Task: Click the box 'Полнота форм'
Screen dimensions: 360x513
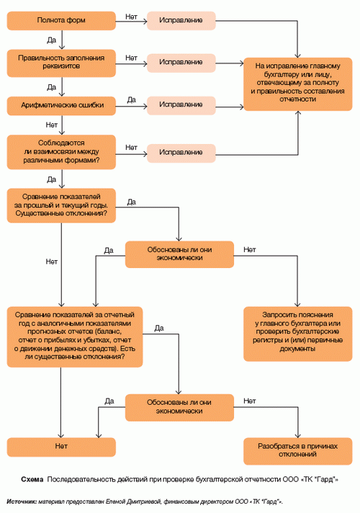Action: click(x=61, y=21)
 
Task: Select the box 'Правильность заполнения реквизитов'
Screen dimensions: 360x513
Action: click(x=61, y=63)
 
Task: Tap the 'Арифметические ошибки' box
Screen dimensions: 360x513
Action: click(x=61, y=106)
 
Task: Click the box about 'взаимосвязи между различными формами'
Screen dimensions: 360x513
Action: click(x=61, y=152)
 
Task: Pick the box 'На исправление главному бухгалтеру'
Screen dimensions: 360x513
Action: click(x=297, y=84)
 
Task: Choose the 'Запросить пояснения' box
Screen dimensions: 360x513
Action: click(x=297, y=334)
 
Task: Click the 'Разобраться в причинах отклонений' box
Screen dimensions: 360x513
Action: click(x=297, y=451)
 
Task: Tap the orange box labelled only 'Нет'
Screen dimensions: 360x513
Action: click(x=61, y=447)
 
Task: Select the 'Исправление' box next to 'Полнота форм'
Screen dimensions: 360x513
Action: click(x=181, y=21)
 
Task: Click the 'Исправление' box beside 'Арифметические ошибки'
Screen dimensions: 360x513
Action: click(x=181, y=105)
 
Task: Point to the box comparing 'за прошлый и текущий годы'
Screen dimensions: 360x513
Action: click(x=61, y=205)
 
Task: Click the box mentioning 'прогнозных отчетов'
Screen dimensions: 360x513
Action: click(x=75, y=336)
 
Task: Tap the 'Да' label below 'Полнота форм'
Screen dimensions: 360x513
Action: click(x=51, y=40)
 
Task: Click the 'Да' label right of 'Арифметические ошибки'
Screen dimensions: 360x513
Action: click(x=132, y=99)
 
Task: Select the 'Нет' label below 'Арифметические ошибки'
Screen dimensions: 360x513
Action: click(x=51, y=125)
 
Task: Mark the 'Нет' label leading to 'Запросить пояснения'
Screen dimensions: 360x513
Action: click(x=250, y=249)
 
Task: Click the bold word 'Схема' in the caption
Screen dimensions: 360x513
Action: click(x=32, y=479)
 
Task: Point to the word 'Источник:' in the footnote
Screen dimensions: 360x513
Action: click(x=22, y=501)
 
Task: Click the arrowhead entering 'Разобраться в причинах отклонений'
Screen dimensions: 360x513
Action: click(x=297, y=435)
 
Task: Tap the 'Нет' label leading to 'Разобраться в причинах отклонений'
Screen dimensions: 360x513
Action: click(x=250, y=401)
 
